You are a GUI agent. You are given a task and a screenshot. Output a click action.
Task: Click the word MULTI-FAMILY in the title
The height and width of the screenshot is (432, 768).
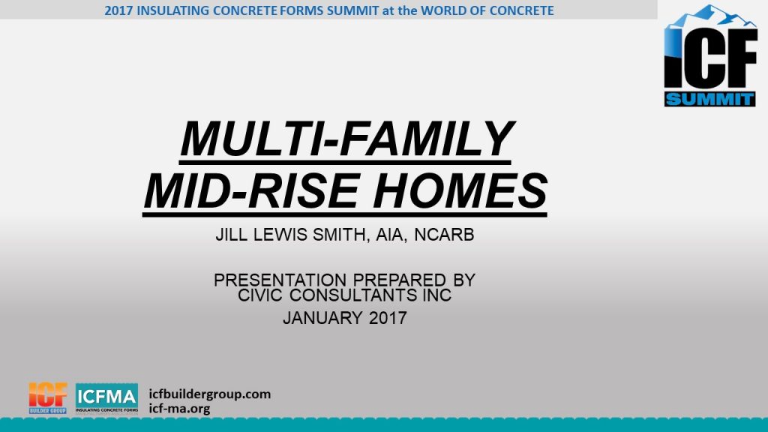(x=347, y=139)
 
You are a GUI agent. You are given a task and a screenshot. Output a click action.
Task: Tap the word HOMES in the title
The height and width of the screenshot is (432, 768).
(x=460, y=191)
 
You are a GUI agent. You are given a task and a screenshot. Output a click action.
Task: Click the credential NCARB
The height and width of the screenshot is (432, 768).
(x=444, y=235)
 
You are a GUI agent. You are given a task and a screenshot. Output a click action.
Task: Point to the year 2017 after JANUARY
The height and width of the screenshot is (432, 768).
(x=388, y=318)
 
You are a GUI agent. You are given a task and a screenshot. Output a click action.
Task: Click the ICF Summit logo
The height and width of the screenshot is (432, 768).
(x=710, y=55)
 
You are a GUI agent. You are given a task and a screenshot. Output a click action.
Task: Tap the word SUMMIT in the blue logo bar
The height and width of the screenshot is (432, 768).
(x=709, y=100)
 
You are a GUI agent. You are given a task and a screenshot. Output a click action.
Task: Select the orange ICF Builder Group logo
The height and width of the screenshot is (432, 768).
(x=48, y=398)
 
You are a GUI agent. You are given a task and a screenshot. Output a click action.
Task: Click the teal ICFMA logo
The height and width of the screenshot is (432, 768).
(x=106, y=398)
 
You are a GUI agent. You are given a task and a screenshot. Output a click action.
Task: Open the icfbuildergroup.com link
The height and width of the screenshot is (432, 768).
(x=210, y=394)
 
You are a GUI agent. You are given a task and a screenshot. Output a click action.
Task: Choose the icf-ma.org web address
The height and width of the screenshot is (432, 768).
(x=179, y=409)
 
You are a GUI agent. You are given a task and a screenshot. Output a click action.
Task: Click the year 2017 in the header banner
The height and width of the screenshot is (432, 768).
(x=118, y=10)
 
